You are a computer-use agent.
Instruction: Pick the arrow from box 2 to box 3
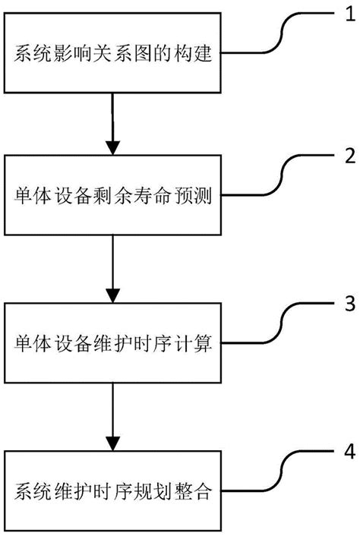pos(112,270)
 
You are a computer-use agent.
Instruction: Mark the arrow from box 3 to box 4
pos(112,416)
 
